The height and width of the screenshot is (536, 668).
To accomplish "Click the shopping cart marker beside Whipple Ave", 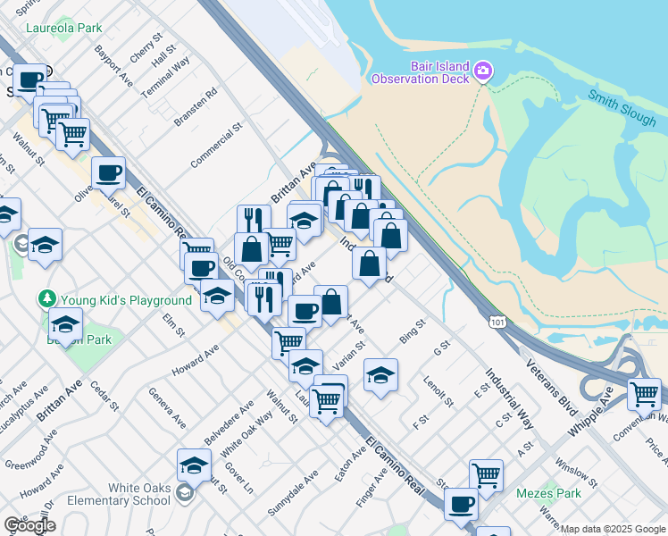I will (644, 394).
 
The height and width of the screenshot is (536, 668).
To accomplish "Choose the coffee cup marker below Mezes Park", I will (461, 505).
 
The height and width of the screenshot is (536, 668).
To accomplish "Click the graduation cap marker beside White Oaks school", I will (194, 465).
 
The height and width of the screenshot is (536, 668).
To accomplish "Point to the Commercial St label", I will (216, 146).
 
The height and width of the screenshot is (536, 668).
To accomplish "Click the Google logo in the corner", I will (29, 525).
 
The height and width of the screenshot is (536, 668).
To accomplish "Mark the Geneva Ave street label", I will (167, 407).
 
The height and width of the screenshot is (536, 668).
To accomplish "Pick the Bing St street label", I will (413, 333).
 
